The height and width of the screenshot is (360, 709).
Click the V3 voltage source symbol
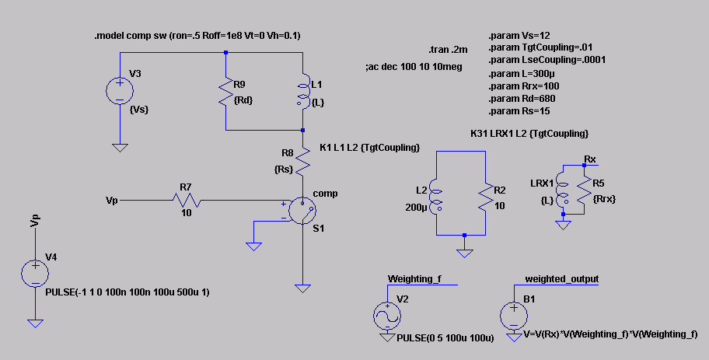coord(120,91)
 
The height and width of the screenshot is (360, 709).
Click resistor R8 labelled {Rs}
coord(303,162)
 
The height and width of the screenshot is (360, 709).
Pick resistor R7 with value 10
coord(187,200)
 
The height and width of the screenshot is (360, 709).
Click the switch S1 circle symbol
coord(302,211)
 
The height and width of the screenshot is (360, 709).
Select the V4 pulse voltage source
coord(35,273)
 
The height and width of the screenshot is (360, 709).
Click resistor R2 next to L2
coord(486,196)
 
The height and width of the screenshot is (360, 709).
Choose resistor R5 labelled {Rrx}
coord(584,190)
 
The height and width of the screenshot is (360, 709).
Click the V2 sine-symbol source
coord(387,316)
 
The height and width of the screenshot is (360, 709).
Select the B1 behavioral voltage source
coord(514,316)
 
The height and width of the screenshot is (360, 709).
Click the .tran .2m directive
coord(448,51)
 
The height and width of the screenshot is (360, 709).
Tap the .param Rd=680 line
coord(522,99)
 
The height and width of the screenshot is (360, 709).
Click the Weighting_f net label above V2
coord(414,279)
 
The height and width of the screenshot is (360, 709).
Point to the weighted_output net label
coord(561,279)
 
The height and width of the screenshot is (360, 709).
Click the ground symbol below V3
coord(120,148)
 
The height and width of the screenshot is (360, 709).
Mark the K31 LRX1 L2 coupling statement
coord(529,134)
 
